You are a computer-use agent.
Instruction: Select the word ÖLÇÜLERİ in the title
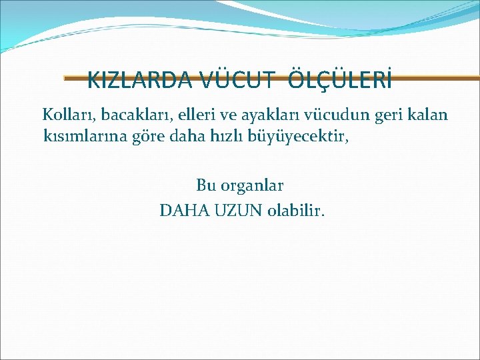tap(340, 81)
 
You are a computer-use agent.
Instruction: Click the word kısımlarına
tap(83, 137)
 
